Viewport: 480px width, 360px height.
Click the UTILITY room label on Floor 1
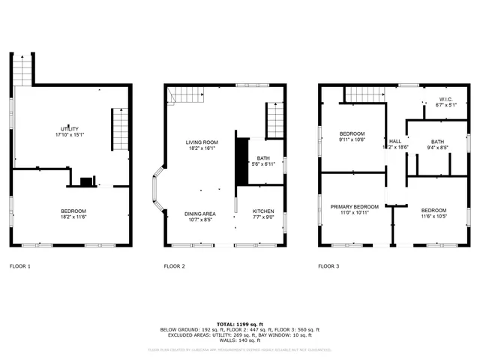click(x=70, y=129)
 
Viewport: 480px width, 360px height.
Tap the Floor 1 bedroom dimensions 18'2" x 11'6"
click(x=73, y=217)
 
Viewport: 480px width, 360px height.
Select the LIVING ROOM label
click(x=202, y=142)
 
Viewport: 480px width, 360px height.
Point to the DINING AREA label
click(x=200, y=214)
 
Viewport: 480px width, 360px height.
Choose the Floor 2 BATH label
click(x=263, y=157)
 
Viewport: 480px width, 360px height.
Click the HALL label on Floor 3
click(x=395, y=141)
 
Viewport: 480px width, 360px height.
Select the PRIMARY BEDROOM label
click(x=355, y=206)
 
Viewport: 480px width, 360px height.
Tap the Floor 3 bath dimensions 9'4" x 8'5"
click(x=437, y=148)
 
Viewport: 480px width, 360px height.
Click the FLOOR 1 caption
click(x=20, y=266)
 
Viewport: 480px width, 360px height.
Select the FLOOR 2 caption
click(x=175, y=266)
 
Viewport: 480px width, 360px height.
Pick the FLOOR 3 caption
click(x=328, y=266)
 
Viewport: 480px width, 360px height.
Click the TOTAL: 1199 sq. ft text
click(x=239, y=323)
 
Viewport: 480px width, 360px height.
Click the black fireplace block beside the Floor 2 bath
click(x=241, y=160)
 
